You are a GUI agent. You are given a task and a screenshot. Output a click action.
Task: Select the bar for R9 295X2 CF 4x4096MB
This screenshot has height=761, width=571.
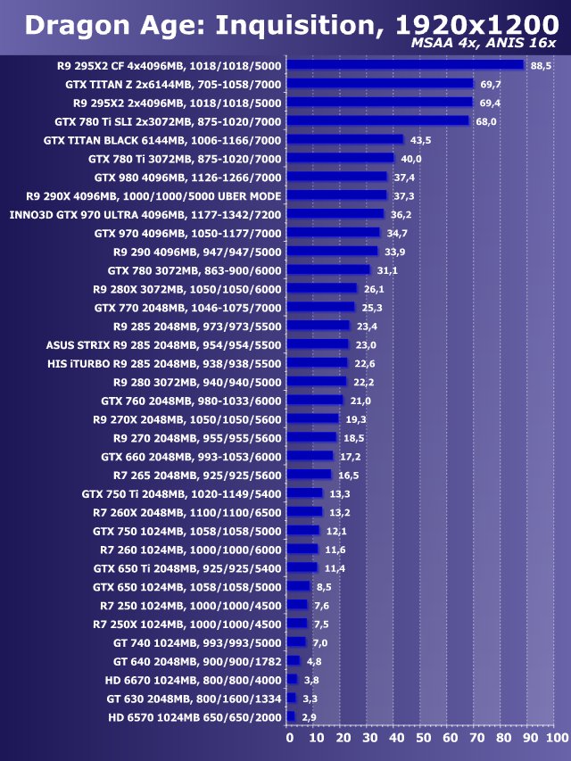pos(405,65)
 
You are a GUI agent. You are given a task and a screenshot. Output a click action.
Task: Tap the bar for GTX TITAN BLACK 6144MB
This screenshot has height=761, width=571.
pos(344,140)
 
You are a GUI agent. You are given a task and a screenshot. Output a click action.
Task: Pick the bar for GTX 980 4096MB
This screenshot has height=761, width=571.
pos(336,177)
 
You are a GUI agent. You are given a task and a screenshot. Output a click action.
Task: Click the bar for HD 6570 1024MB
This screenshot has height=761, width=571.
pos(291,716)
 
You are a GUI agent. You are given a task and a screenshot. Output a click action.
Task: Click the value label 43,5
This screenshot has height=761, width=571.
pos(420,140)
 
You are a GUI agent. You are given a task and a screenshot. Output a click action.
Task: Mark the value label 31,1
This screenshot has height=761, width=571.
pos(387,270)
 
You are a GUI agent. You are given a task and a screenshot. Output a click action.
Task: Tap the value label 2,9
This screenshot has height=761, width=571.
pos(309,716)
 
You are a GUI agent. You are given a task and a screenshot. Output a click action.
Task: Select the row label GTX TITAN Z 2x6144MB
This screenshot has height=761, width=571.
pos(173,84)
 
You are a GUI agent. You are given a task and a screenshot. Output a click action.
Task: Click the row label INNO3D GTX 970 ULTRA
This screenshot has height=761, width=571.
pos(145,214)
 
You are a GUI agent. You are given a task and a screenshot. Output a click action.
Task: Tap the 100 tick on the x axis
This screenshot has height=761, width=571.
pos(556,739)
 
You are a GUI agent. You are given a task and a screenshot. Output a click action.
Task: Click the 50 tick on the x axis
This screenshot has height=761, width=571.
pos(422,739)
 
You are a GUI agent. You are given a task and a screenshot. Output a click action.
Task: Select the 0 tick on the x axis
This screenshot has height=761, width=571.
pos(289,739)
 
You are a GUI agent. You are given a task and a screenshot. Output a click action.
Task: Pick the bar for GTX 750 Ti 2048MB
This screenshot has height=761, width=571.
pos(304,493)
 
